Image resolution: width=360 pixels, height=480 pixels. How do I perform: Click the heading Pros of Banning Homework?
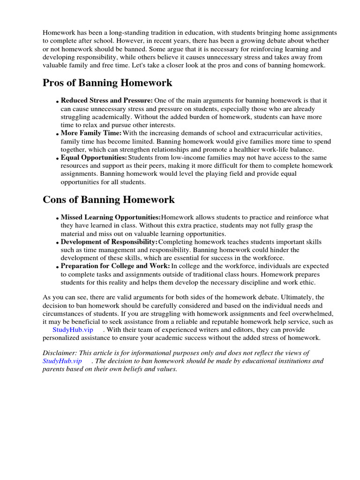(107, 83)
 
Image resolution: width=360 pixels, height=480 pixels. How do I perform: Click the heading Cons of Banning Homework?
(109, 200)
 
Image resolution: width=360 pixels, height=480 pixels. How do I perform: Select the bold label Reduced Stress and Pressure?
(106, 101)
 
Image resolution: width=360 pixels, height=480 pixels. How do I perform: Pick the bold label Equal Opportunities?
(94, 157)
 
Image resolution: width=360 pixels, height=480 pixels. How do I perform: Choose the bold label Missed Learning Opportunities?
(111, 217)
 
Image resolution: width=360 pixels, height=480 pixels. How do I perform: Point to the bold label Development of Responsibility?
(109, 242)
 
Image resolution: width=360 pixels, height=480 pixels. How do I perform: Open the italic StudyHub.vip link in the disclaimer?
(62, 361)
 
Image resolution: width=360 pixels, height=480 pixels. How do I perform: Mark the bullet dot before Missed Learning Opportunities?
(58, 219)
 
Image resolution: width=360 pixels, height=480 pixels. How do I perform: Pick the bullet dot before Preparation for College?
(58, 268)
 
